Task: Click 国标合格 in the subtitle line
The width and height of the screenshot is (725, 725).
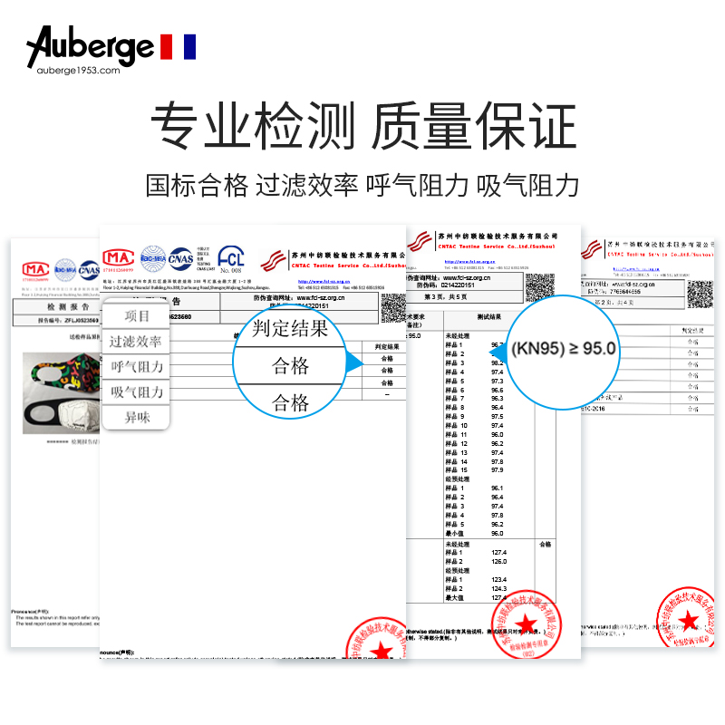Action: tap(197, 185)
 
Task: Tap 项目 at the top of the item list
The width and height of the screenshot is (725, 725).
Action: tap(138, 315)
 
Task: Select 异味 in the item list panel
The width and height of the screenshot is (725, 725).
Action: tap(138, 418)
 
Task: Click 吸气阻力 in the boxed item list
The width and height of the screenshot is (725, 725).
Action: tap(138, 392)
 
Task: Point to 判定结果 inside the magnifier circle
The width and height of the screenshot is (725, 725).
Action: tap(291, 328)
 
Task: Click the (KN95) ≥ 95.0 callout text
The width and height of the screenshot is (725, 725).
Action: tap(564, 347)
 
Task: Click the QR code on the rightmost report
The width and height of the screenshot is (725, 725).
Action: tap(701, 295)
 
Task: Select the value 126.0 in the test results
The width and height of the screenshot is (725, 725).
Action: tap(498, 561)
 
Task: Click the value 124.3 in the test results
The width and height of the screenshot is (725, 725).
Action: tap(498, 588)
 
